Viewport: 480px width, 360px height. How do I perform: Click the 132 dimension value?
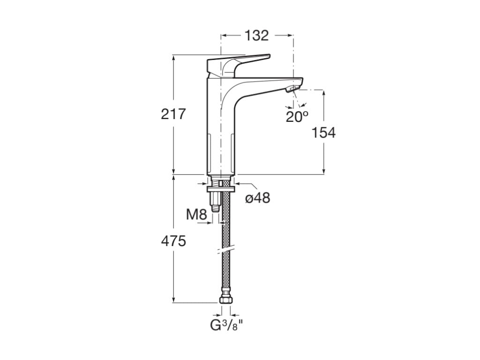257,35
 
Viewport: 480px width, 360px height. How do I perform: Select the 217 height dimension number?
173,113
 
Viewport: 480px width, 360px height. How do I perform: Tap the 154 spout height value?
324,133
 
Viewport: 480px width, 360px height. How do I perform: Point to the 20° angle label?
297,116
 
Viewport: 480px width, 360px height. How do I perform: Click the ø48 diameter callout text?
258,198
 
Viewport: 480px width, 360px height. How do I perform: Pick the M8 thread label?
196,215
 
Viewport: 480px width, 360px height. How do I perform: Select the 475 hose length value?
173,241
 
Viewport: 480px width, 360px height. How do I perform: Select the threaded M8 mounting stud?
215,200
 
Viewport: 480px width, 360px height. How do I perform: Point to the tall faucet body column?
220,131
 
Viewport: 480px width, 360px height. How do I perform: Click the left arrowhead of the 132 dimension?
223,35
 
